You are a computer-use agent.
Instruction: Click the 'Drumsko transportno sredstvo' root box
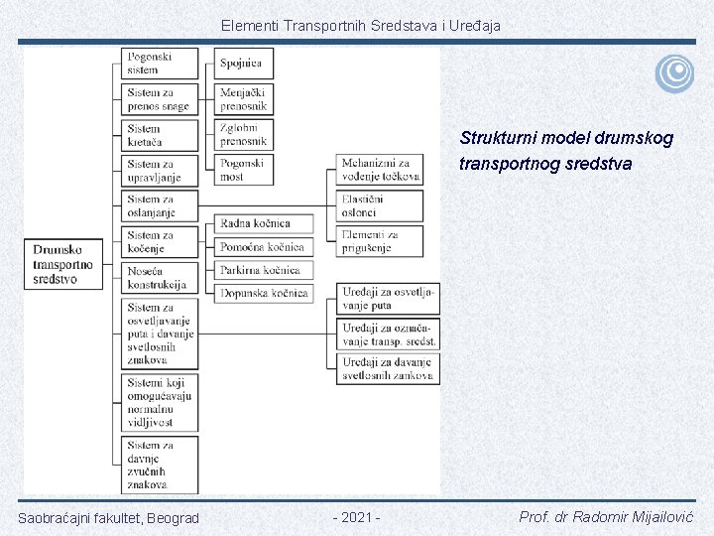(63, 264)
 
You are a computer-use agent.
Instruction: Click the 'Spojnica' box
(244, 64)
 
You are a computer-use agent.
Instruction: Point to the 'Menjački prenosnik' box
(244, 99)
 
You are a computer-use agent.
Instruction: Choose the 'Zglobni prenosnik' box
(244, 135)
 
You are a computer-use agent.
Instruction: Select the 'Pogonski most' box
(244, 170)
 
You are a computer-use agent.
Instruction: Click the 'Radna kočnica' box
(263, 223)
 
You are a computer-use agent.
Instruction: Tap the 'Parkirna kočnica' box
(263, 270)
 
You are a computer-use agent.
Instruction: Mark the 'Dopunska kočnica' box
(263, 293)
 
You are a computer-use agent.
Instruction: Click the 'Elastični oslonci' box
(381, 205)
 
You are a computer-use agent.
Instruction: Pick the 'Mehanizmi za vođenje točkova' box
(381, 170)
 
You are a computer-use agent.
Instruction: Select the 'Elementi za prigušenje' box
(381, 240)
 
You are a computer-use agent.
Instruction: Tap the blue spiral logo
(674, 72)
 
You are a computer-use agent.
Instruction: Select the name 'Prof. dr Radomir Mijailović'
(607, 517)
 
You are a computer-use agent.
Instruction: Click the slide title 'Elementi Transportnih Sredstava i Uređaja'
(361, 25)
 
